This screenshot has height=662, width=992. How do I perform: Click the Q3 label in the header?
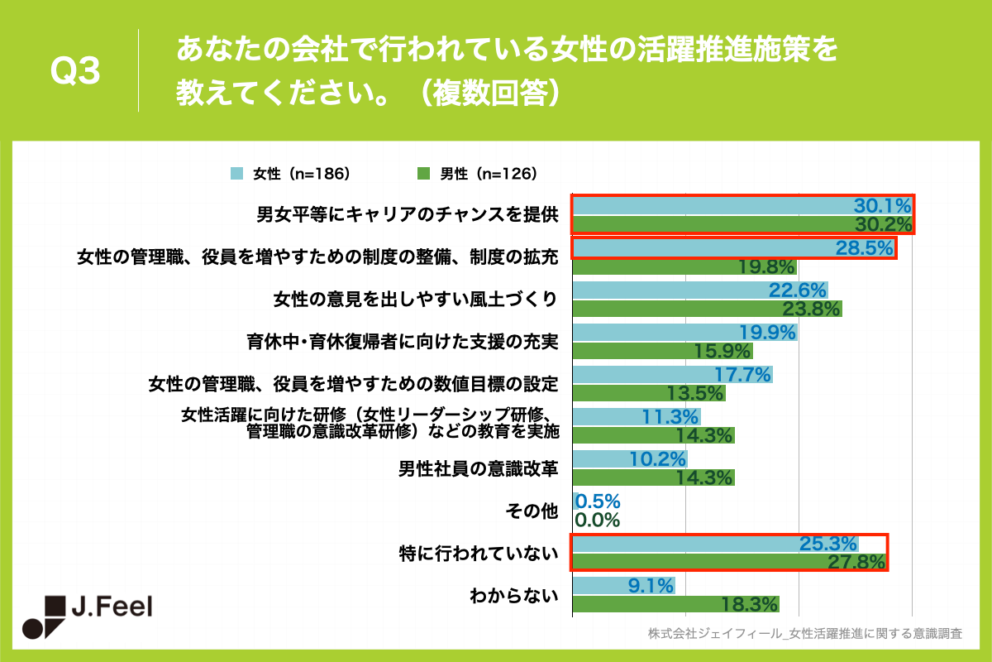[x=75, y=73]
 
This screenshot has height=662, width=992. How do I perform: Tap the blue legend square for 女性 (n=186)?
[x=236, y=174]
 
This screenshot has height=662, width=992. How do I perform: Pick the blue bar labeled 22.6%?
[x=699, y=290]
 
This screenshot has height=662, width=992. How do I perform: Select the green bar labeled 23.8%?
[x=707, y=309]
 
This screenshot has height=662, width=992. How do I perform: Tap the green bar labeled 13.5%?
[x=649, y=393]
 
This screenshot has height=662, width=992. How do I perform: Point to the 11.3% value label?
[x=671, y=416]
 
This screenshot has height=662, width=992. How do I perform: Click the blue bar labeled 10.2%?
[x=629, y=458]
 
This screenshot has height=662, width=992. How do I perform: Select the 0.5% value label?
[x=597, y=501]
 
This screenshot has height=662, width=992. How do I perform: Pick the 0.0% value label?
[x=597, y=520]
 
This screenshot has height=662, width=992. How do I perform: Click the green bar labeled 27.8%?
[x=727, y=563]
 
